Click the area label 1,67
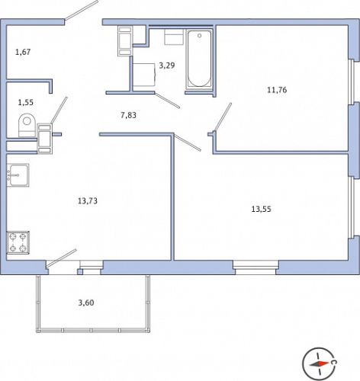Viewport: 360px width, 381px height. pyautogui.click(x=23, y=52)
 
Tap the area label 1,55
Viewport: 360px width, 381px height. pyautogui.click(x=25, y=103)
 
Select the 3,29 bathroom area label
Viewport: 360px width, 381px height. pyautogui.click(x=167, y=66)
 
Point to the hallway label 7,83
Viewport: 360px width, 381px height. pyautogui.click(x=128, y=115)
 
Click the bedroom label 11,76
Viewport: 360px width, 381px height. pyautogui.click(x=277, y=90)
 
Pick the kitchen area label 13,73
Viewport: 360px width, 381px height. pyautogui.click(x=88, y=201)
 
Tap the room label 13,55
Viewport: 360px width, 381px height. pyautogui.click(x=261, y=210)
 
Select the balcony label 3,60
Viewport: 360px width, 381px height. pyautogui.click(x=86, y=303)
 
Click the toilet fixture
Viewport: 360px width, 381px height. pyautogui.click(x=27, y=125)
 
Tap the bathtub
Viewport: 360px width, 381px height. pyautogui.click(x=199, y=59)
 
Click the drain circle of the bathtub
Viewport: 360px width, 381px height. pyautogui.click(x=200, y=36)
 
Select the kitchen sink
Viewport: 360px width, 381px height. pyautogui.click(x=18, y=175)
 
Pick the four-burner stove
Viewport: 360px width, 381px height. pyautogui.click(x=18, y=242)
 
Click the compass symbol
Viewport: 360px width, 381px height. pyautogui.click(x=319, y=363)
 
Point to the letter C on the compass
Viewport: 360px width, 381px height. pyautogui.click(x=335, y=363)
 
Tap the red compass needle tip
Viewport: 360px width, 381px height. pyautogui.click(x=328, y=363)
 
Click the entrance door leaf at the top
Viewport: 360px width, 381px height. pyautogui.click(x=82, y=10)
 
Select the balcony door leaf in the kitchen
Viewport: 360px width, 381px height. pyautogui.click(x=61, y=258)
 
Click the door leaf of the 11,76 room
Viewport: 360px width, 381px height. pyautogui.click(x=223, y=117)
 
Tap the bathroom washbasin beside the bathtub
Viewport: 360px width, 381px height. pyautogui.click(x=174, y=37)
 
